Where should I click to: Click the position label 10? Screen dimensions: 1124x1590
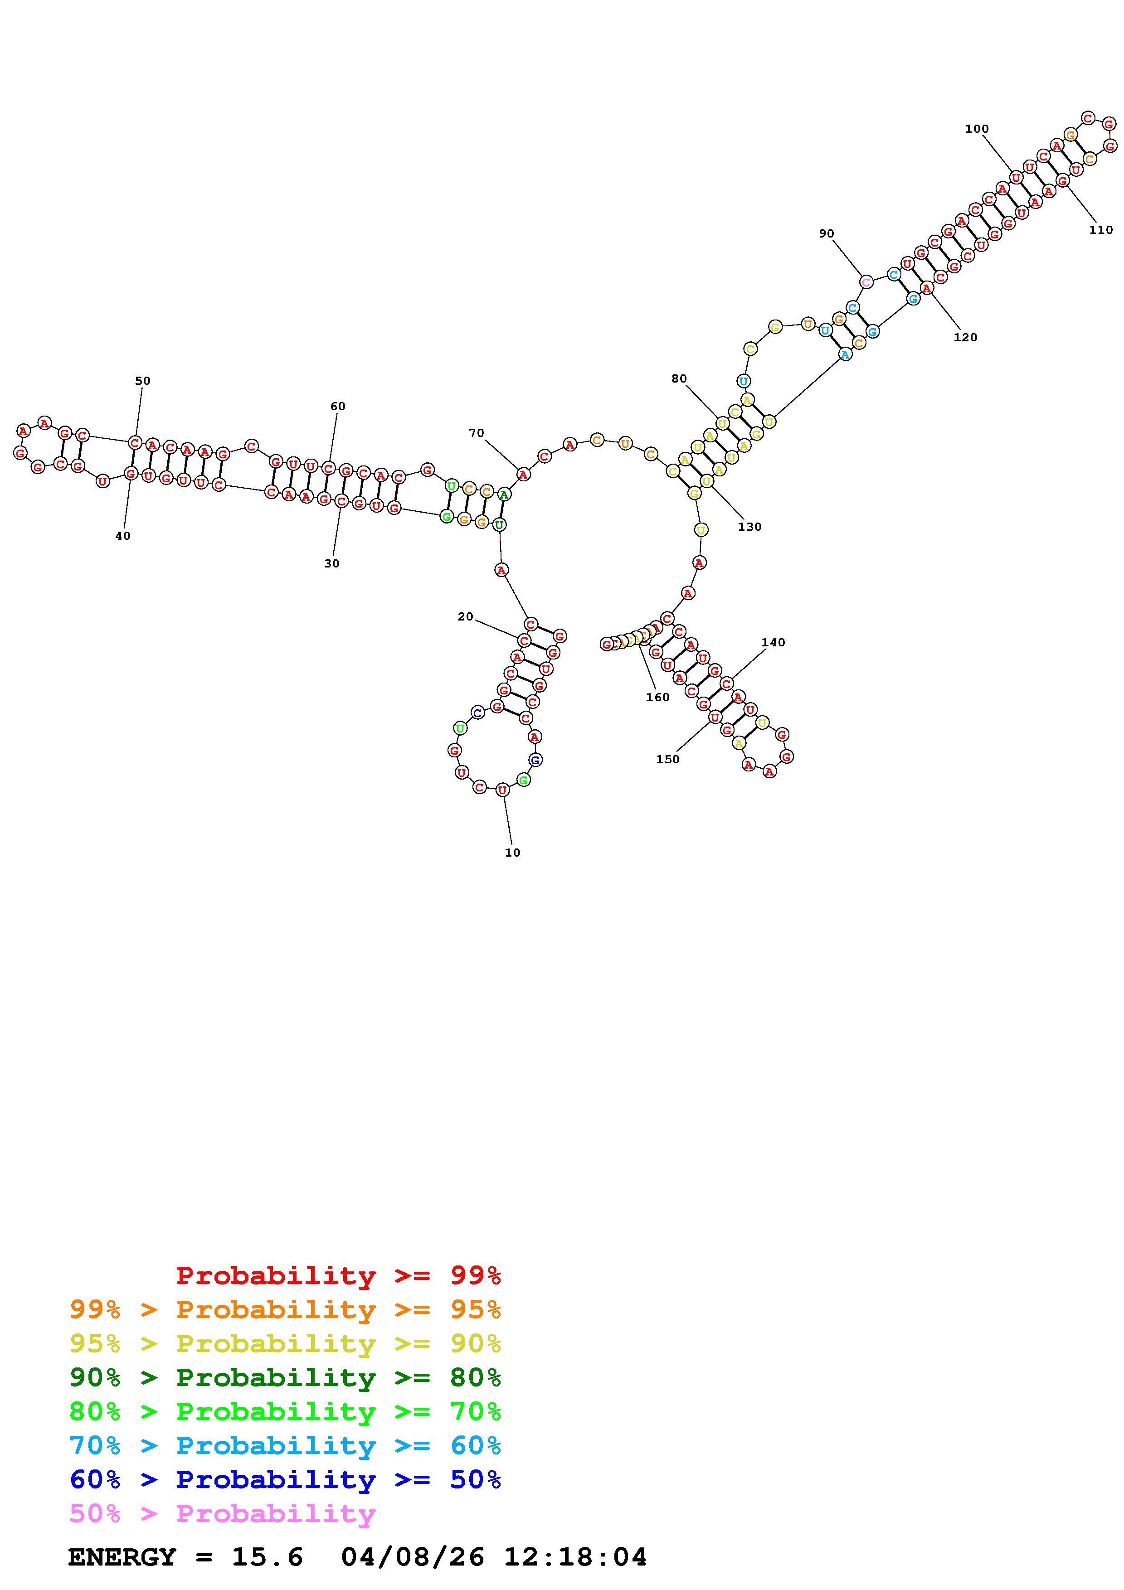512,853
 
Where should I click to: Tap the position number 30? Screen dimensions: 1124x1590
332,564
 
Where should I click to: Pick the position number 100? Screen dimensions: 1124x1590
977,129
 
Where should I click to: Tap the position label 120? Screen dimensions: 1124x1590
965,337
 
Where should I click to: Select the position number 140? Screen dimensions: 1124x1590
773,643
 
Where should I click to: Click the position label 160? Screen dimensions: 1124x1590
657,698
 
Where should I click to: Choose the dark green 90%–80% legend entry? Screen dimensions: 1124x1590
285,1377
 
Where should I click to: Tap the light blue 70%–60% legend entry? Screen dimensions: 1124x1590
285,1446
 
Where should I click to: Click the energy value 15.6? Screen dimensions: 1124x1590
268,1557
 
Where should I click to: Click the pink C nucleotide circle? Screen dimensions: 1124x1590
866,282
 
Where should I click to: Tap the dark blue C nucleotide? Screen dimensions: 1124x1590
477,712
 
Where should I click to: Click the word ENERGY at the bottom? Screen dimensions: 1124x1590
122,1557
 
